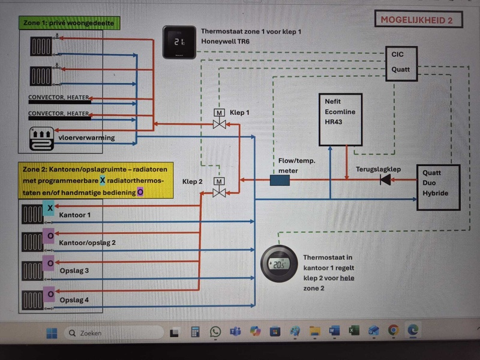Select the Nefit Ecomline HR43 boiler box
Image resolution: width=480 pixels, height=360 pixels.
(x=340, y=119)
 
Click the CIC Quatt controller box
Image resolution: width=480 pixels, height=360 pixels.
(x=400, y=62)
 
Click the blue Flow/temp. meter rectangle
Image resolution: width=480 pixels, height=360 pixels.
(x=280, y=180)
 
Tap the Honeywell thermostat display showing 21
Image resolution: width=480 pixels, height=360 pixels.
(x=179, y=43)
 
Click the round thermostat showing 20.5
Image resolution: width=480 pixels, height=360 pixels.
(x=278, y=264)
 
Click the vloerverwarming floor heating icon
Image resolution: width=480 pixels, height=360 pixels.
(x=41, y=139)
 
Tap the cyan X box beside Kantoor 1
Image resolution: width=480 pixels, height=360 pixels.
(x=50, y=208)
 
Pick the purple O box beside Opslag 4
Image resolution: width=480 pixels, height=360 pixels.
(x=50, y=294)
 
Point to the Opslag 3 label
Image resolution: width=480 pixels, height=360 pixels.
(x=74, y=271)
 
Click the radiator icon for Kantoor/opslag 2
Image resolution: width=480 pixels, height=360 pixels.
(x=32, y=242)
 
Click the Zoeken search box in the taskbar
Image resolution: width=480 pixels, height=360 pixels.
(x=114, y=332)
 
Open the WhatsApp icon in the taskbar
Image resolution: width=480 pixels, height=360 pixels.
(x=215, y=331)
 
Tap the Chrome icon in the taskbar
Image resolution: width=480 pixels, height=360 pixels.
(x=393, y=330)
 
